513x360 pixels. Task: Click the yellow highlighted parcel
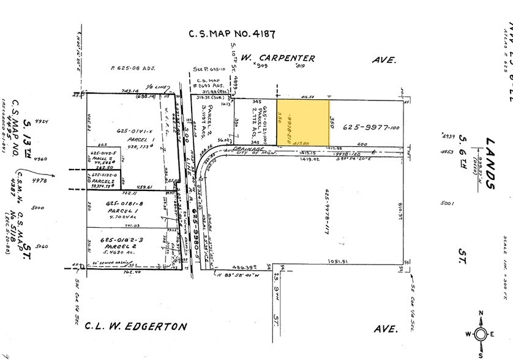point(303,121)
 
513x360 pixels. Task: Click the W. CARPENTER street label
point(279,58)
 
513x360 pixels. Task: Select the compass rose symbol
point(481,334)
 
